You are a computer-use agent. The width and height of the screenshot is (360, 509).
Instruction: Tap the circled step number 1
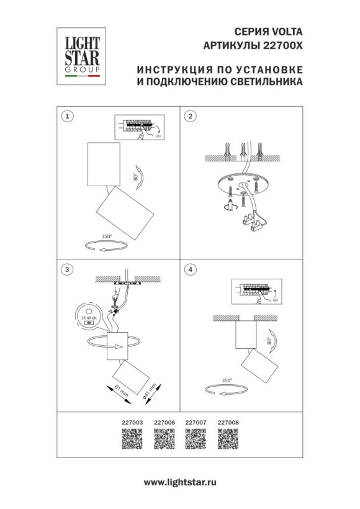68,116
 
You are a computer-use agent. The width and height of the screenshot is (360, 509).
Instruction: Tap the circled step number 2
191,116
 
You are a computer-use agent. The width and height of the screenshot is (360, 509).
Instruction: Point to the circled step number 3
68,269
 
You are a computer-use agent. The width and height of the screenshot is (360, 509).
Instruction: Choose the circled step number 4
191,269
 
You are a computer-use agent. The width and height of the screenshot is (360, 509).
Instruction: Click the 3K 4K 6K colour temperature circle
88,317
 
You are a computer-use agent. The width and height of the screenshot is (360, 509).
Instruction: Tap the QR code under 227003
130,439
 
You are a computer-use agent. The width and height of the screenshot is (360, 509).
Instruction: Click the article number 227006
163,422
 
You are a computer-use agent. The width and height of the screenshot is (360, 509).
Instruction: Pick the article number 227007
196,422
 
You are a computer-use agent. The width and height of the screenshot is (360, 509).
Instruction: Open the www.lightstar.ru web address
180,482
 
